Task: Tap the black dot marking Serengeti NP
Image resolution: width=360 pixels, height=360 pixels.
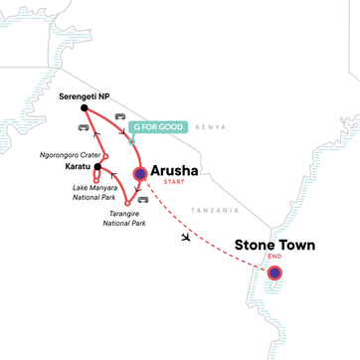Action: pyautogui.click(x=84, y=108)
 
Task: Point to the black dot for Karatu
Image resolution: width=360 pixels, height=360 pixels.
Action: pyautogui.click(x=94, y=167)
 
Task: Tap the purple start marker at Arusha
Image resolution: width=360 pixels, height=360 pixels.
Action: pyautogui.click(x=140, y=175)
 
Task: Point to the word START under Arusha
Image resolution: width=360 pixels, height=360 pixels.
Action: pyautogui.click(x=174, y=183)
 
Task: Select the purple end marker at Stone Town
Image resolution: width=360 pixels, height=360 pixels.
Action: pyautogui.click(x=274, y=273)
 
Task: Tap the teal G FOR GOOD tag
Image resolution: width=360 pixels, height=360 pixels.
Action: pyautogui.click(x=156, y=127)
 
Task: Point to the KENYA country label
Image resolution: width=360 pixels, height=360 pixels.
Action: pyautogui.click(x=210, y=127)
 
